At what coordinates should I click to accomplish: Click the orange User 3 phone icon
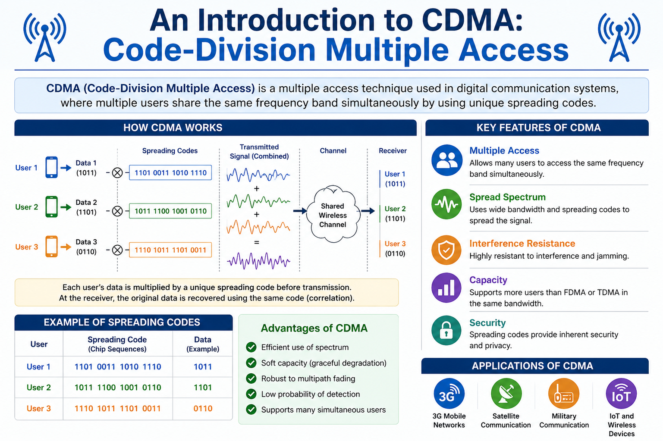52,247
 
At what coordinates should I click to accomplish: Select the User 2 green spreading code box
170,211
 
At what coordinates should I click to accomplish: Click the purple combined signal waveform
258,260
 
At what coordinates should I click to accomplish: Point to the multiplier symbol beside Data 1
117,173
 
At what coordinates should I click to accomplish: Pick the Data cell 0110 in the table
203,408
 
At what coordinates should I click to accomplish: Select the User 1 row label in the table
38,367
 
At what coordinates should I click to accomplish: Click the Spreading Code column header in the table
117,344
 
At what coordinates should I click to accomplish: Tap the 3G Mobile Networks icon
449,394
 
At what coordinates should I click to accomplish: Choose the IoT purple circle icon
621,394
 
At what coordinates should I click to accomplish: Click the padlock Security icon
446,331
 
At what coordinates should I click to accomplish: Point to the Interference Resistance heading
522,244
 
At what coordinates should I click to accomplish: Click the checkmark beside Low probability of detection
251,394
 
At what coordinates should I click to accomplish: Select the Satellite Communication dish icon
506,394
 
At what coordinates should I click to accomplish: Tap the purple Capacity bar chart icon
446,288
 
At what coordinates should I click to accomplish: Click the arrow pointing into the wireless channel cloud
300,211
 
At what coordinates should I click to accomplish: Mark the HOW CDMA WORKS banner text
173,128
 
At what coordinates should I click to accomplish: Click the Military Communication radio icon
563,394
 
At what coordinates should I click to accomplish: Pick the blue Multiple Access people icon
447,160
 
